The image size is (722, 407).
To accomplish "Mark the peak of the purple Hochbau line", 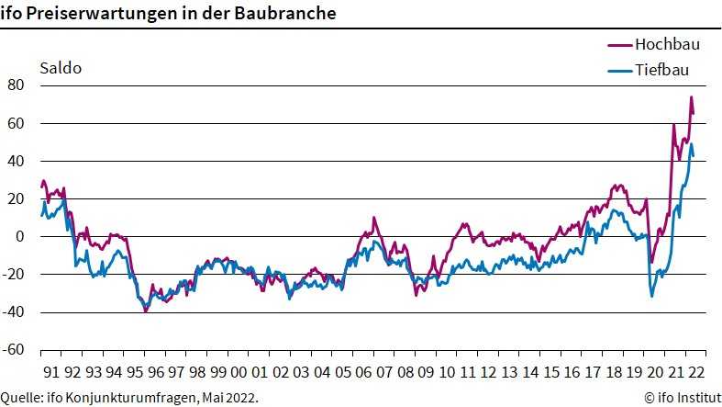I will (x=691, y=97).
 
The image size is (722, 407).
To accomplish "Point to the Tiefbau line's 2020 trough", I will (x=652, y=295).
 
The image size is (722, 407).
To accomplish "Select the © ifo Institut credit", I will (x=681, y=397).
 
